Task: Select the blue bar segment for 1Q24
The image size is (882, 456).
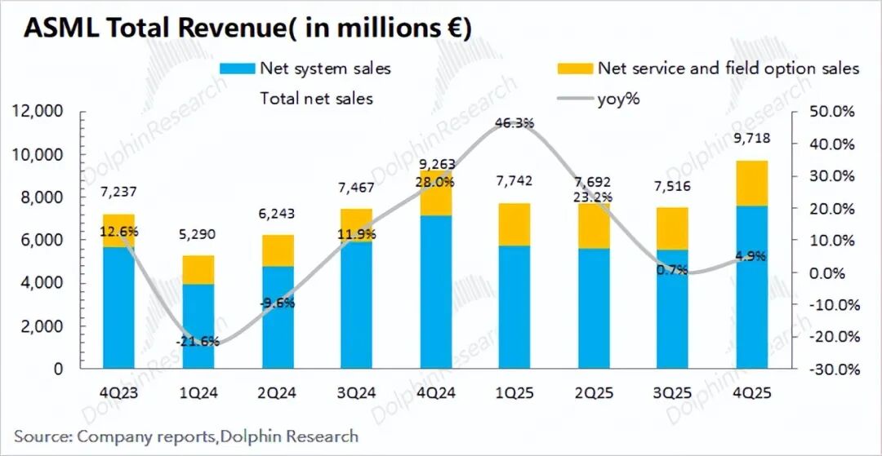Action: point(198,326)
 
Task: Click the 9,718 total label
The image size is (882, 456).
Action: point(752,139)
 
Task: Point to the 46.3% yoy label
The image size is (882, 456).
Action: point(514,123)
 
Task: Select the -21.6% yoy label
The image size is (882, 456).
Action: point(198,341)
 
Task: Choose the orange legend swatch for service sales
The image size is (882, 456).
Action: point(572,69)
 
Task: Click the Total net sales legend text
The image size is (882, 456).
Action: point(316,99)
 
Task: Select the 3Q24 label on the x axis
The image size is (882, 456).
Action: point(355,392)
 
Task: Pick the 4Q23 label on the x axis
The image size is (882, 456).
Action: point(117,392)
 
